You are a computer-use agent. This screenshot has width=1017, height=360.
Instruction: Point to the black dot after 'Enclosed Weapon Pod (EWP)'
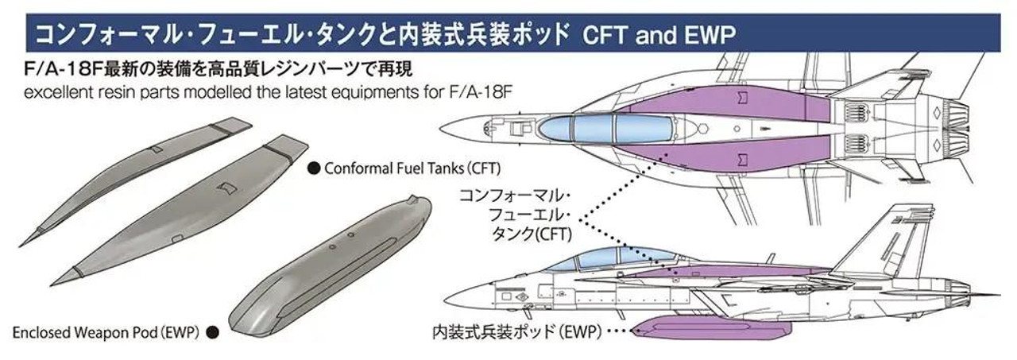point(211,331)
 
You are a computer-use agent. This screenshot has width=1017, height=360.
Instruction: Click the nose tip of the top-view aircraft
point(440,128)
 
